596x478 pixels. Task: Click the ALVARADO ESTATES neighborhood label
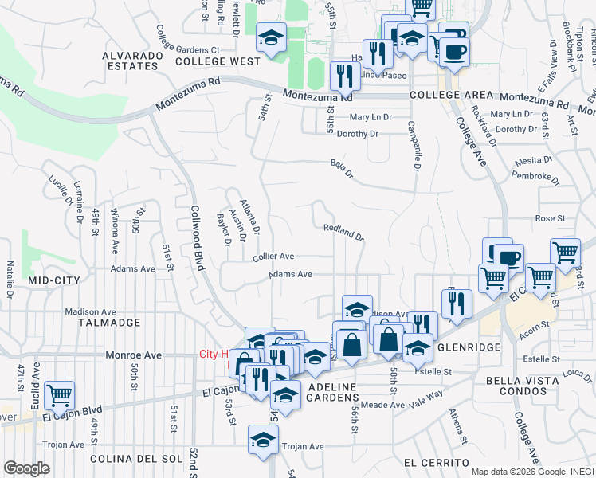coord(131,61)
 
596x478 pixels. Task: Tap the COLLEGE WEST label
coord(218,61)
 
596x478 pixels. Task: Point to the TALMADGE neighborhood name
coord(109,323)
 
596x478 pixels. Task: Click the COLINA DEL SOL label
coord(131,459)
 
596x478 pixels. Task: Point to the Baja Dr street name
coord(340,168)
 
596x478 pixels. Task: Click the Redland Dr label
coord(343,232)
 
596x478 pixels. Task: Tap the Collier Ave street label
coord(274,257)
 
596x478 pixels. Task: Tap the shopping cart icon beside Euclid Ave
coord(60,395)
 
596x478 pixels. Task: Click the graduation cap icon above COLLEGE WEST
coord(271,37)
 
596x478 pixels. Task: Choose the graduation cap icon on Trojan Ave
coord(264,439)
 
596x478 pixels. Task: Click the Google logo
coord(26,468)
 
